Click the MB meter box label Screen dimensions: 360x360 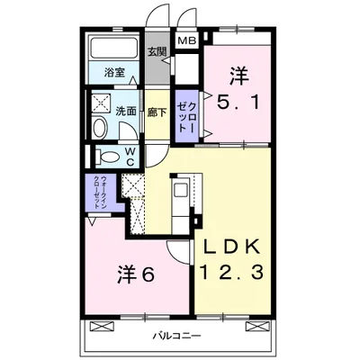pos(185,41)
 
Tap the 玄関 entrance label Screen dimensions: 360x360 pos(157,50)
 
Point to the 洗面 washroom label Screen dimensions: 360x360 pos(125,112)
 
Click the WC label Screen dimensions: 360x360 pos(130,156)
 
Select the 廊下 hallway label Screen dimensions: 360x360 pos(155,112)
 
